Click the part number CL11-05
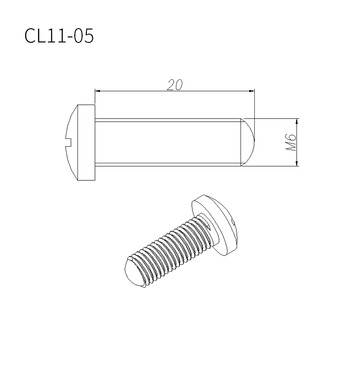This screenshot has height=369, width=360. pos(59,36)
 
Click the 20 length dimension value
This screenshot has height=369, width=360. pos(175,85)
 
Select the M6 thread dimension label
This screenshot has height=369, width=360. pos(290,143)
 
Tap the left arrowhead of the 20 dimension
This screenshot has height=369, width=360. pos(97,91)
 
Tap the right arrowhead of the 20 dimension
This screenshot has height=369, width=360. pos(252,91)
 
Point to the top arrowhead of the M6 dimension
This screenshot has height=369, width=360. pos(297,121)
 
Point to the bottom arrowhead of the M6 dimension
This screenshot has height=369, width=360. pos(297,163)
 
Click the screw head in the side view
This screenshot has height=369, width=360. pos(80,143)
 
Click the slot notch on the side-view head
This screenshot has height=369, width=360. pos(68,143)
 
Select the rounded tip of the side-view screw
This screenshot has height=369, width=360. pos(248,142)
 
